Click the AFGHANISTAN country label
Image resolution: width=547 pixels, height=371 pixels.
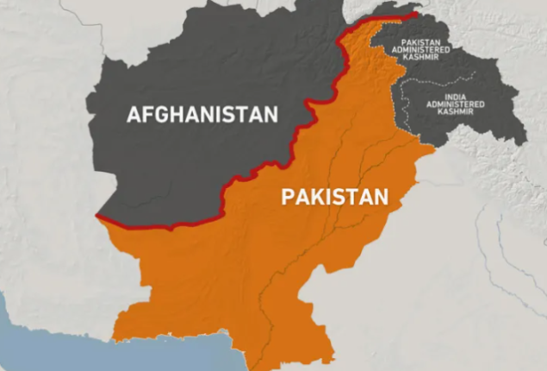pos(202,114)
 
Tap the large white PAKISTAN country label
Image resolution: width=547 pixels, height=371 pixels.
pos(334,198)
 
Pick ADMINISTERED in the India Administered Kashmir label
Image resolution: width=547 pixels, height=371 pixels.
pos(455,104)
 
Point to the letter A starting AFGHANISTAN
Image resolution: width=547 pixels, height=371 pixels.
pos(134,114)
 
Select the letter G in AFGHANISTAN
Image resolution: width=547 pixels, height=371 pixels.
pos(161,114)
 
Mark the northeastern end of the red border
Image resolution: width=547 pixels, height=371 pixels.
pos(417,14)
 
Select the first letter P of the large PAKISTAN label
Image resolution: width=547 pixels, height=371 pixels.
pos(288,198)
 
